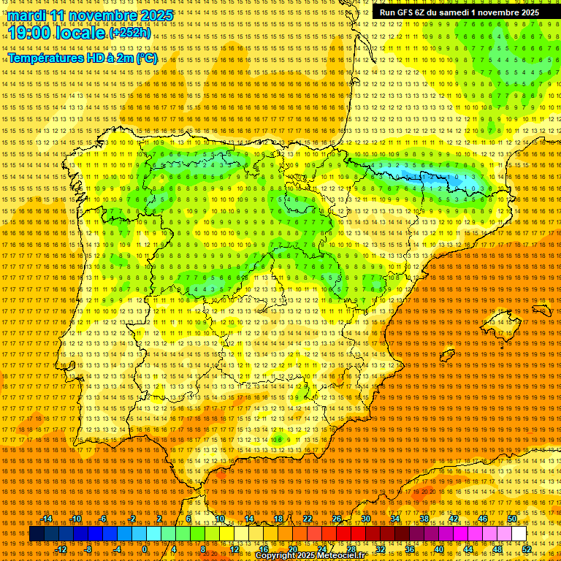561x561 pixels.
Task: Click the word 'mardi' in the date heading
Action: [28, 15]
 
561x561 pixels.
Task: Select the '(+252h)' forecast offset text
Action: [131, 33]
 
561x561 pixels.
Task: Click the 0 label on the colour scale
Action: [145, 549]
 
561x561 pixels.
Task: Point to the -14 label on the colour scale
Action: [48, 519]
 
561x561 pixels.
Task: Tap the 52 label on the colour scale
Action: [527, 549]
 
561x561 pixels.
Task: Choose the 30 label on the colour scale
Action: [366, 519]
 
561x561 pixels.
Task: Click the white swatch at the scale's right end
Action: [519, 534]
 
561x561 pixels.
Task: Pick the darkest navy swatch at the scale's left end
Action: [36, 534]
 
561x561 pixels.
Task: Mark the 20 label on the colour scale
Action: [292, 549]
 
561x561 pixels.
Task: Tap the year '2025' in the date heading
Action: [156, 15]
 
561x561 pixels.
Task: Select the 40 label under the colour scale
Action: [439, 549]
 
